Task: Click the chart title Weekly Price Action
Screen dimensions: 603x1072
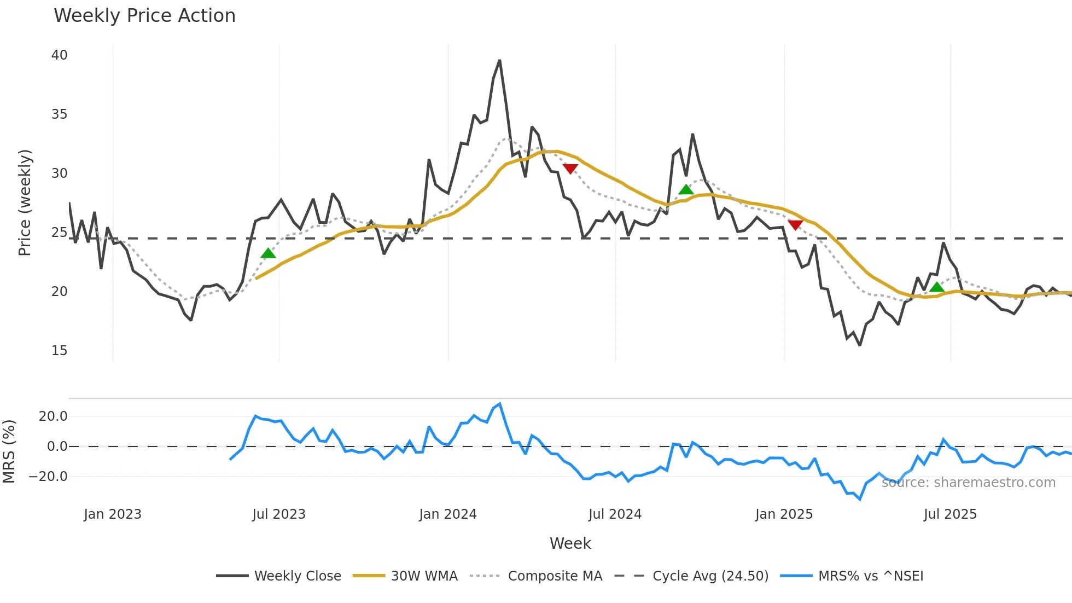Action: pyautogui.click(x=144, y=16)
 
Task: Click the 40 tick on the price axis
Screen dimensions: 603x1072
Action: pyautogui.click(x=59, y=55)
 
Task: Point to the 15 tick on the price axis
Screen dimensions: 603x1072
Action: pyautogui.click(x=59, y=351)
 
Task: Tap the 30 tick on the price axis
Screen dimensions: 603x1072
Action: pyautogui.click(x=59, y=173)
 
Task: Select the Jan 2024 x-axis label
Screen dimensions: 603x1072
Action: pyautogui.click(x=447, y=514)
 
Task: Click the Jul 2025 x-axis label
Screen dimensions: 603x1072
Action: pyautogui.click(x=950, y=514)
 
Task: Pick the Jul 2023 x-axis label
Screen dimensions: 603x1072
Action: pyautogui.click(x=278, y=514)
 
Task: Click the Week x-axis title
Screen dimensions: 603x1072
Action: pyautogui.click(x=570, y=543)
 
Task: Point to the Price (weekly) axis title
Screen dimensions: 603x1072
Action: pyautogui.click(x=25, y=202)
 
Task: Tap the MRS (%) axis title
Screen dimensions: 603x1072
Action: pyautogui.click(x=9, y=451)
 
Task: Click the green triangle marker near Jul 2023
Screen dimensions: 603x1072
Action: pyautogui.click(x=268, y=253)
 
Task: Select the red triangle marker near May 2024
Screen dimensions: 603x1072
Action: pyautogui.click(x=570, y=169)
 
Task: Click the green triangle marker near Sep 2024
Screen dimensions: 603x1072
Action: pyautogui.click(x=686, y=190)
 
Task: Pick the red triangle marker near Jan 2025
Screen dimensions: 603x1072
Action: pyautogui.click(x=795, y=225)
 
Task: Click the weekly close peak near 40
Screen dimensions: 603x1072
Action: pyautogui.click(x=499, y=61)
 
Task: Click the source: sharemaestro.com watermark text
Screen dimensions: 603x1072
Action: pyautogui.click(x=968, y=483)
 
